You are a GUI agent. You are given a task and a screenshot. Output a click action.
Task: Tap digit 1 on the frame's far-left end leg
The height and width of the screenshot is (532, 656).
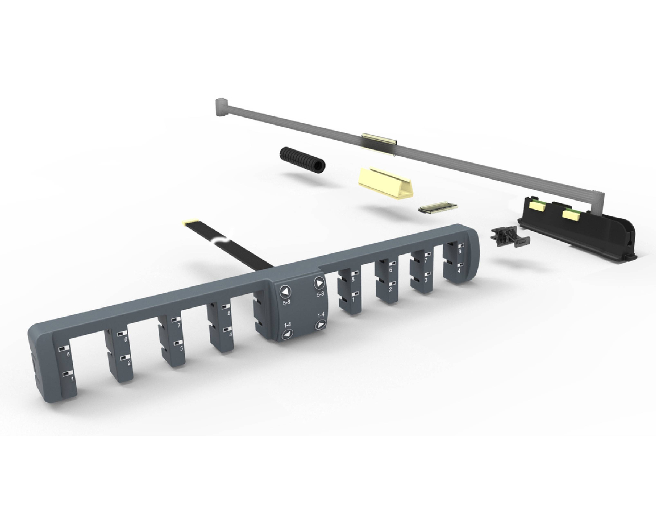[73, 379]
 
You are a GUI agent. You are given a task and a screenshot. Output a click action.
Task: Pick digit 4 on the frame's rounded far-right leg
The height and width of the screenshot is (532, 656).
[459, 271]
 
